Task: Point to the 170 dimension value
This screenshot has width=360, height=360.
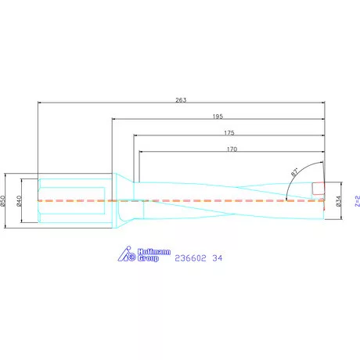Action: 232,149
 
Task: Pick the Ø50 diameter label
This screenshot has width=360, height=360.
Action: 5,201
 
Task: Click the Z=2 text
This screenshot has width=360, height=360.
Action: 356,201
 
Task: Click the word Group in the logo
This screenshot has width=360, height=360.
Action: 149,258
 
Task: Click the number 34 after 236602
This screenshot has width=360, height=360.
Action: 217,257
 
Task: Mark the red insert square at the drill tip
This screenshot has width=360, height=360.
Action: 319,189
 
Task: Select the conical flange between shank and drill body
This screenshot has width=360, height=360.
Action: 121,201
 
